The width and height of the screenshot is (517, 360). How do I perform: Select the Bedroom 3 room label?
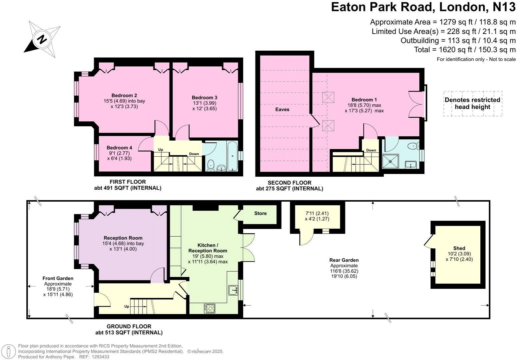(x=205, y=97)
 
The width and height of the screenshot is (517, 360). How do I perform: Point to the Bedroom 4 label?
(x=119, y=148)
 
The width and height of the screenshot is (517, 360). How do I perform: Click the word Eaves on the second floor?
(x=282, y=109)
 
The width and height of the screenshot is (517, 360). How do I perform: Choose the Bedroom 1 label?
(x=364, y=99)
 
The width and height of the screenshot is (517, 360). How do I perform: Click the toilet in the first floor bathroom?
(x=211, y=164)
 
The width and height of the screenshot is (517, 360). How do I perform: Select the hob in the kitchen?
(x=210, y=308)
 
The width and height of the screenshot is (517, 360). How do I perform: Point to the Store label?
(x=260, y=213)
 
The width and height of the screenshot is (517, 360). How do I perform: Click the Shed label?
(x=459, y=248)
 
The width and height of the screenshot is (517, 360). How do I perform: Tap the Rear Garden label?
(x=344, y=260)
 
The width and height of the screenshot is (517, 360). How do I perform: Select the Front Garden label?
(x=58, y=278)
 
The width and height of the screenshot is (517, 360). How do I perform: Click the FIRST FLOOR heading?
(x=128, y=182)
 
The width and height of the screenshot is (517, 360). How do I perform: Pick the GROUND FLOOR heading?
(x=129, y=326)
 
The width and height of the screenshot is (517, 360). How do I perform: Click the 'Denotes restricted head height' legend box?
(x=472, y=103)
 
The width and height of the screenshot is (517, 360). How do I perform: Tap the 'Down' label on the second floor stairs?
(x=371, y=150)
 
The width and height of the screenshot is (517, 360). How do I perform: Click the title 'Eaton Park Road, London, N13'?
(x=423, y=7)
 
